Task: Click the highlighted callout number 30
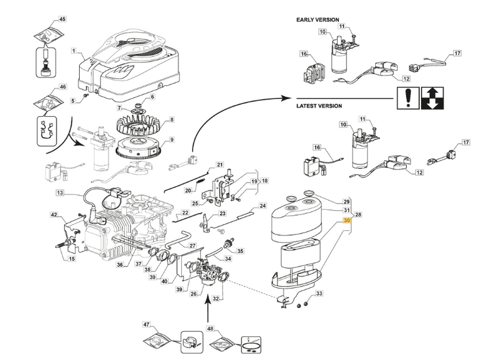coord(347,221)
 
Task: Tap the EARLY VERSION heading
coord(317,20)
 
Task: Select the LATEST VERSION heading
coord(319,107)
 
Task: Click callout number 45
coord(62,19)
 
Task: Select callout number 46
coord(62,87)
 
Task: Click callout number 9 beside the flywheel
coord(171,139)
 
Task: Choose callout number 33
coord(319,294)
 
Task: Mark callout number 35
coord(240,251)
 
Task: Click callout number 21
coord(220,165)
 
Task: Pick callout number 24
coord(263,206)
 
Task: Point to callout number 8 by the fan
coord(171,119)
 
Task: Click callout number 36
coord(120,265)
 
